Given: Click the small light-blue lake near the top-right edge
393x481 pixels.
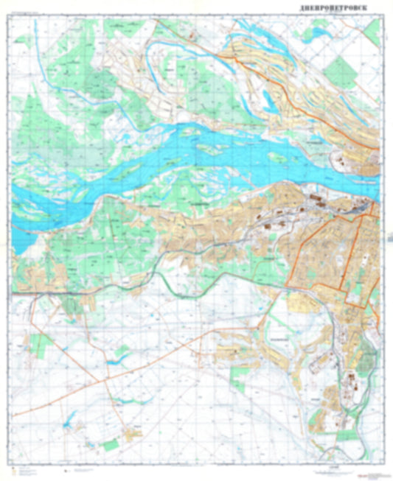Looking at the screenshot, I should coord(319,32).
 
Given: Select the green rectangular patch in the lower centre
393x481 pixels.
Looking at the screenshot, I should coord(240,379).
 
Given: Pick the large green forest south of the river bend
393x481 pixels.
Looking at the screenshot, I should coord(111,228).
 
